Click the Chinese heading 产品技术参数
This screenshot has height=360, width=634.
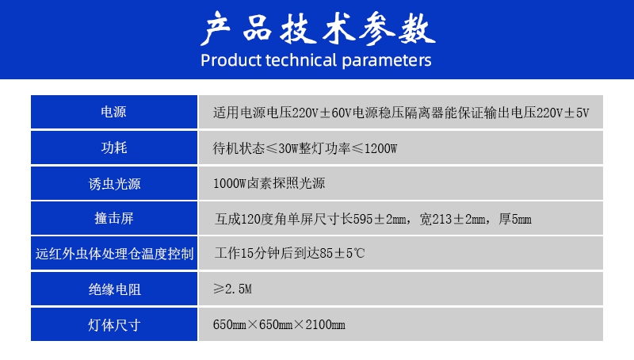(318, 28)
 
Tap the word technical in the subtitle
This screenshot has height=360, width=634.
(301, 60)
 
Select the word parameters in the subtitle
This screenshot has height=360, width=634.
(386, 61)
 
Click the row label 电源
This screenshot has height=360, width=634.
(113, 112)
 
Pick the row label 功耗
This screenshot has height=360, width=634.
(114, 147)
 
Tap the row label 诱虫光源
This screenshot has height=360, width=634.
(114, 184)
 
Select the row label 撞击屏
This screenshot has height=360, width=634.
(114, 218)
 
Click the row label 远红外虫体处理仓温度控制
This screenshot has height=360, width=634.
(114, 254)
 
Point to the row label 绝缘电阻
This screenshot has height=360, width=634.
(114, 289)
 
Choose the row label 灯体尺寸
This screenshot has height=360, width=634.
(114, 325)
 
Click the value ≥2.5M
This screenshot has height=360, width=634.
(232, 289)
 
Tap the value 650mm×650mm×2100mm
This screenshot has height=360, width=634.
(279, 324)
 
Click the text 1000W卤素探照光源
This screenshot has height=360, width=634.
(269, 183)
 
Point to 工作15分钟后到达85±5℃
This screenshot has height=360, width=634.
(289, 253)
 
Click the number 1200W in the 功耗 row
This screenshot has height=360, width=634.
(380, 148)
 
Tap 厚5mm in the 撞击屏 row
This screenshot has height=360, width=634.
(514, 219)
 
